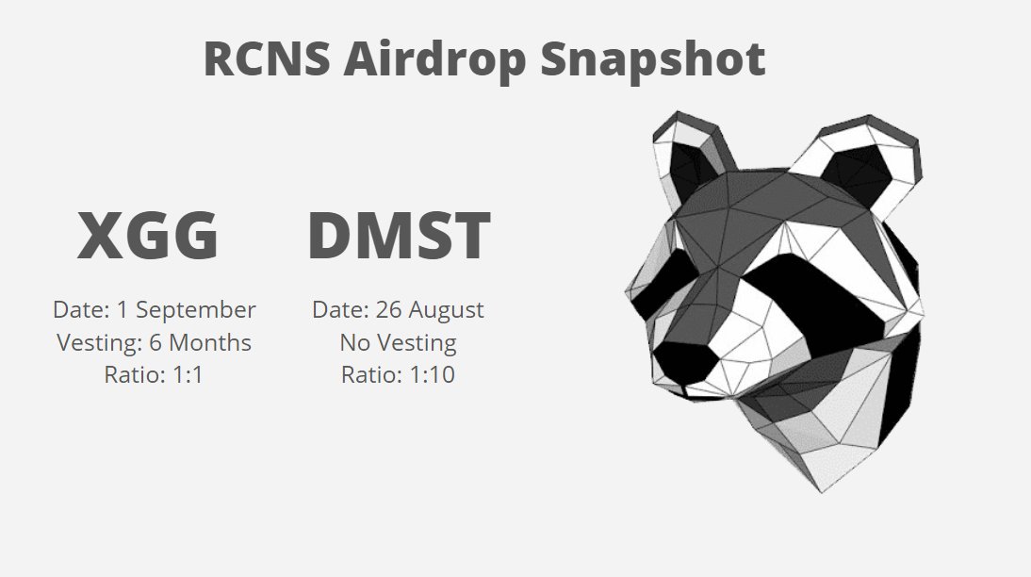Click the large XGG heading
[148, 236]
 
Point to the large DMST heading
[399, 236]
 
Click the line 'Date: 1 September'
[155, 309]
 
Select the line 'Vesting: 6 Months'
[154, 342]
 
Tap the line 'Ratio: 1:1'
[154, 374]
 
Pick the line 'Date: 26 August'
[398, 309]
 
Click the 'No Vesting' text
[398, 342]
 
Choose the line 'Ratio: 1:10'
[398, 374]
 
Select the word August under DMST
[446, 310]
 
